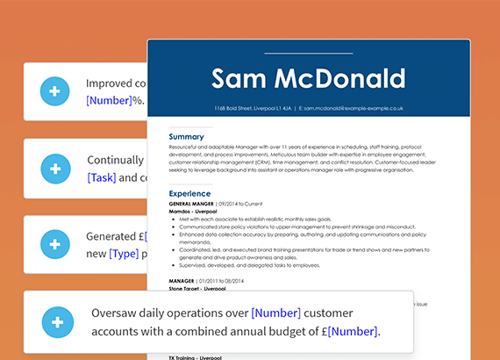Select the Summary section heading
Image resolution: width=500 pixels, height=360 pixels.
186,138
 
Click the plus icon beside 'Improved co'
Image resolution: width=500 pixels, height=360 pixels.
54,91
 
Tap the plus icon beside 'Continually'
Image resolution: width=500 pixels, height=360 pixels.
54,168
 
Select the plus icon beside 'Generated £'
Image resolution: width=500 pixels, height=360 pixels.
54,244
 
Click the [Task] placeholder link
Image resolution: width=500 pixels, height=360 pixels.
101,177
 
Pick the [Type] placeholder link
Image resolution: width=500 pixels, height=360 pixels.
124,254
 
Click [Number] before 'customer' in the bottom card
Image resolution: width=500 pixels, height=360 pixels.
275,313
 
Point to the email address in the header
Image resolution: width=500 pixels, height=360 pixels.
351,109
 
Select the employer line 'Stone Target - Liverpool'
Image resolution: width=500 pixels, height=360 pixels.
197,287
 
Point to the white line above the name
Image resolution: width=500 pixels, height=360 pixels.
308,54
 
